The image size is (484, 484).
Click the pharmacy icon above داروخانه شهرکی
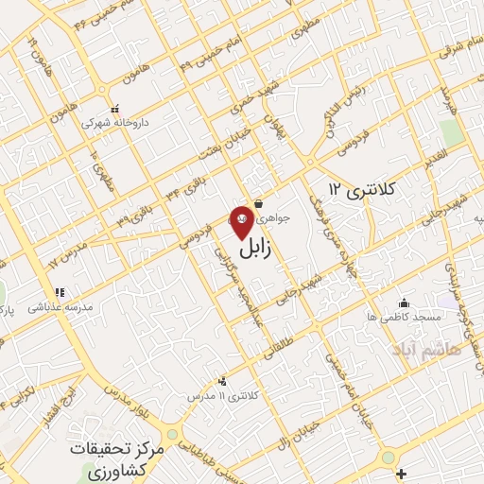(115, 107)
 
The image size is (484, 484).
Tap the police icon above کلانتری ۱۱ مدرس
(222, 380)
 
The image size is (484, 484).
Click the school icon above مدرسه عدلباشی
(59, 292)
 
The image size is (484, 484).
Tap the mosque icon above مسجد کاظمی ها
(405, 302)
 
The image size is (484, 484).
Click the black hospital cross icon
(402, 472)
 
